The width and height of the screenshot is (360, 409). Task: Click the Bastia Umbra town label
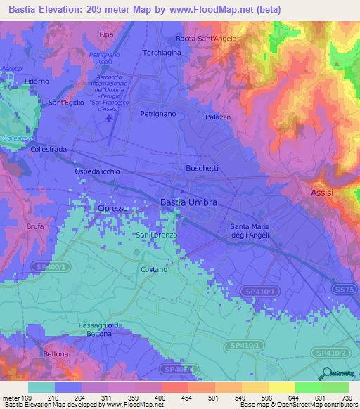click(x=189, y=202)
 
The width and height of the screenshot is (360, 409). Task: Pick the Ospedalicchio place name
click(x=98, y=171)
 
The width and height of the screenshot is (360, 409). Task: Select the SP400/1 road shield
click(x=51, y=267)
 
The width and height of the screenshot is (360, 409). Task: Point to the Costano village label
click(x=154, y=269)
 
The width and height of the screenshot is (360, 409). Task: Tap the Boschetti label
click(x=202, y=168)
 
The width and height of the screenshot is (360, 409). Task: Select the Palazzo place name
click(x=218, y=117)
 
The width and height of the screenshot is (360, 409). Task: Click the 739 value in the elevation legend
click(x=347, y=398)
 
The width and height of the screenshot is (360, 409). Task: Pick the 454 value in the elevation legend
click(x=187, y=398)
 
